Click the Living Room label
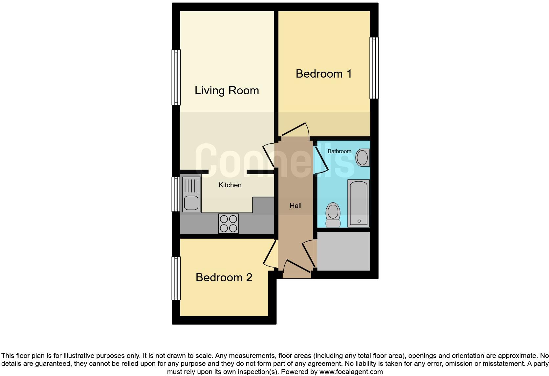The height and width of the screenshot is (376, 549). (x=227, y=90)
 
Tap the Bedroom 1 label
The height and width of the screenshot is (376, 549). (x=323, y=74)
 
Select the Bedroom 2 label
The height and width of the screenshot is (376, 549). (x=224, y=277)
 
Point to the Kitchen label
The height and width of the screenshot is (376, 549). (x=230, y=185)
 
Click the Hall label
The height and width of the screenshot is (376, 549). (x=295, y=206)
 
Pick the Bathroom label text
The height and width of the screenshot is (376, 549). (x=339, y=151)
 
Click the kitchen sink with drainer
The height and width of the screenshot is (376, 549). (x=191, y=194)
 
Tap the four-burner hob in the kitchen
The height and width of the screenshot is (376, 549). (x=229, y=223)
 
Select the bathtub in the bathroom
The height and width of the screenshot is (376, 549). (x=359, y=203)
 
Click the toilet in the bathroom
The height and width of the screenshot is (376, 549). (x=333, y=215)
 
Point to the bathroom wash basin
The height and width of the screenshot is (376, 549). (x=362, y=157)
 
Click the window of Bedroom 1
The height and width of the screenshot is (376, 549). (x=374, y=68)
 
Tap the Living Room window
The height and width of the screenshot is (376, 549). (x=176, y=77)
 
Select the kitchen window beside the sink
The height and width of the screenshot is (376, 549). (x=176, y=194)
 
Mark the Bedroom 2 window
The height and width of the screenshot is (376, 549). (x=176, y=278)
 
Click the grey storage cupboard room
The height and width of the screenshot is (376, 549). (x=343, y=251)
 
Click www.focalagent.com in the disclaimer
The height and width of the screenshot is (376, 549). (x=351, y=372)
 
